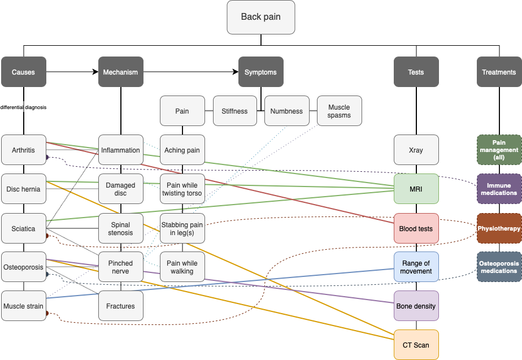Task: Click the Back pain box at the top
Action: click(x=260, y=16)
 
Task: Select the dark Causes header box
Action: click(x=23, y=72)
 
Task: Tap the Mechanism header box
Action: click(x=120, y=72)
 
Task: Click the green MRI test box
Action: click(x=416, y=189)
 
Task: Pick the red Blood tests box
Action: click(x=416, y=228)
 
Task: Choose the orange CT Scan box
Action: click(x=416, y=345)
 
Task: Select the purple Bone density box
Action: click(x=416, y=306)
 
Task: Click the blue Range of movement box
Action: click(x=416, y=267)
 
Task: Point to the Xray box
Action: click(x=416, y=150)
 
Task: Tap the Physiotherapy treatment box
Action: click(x=499, y=228)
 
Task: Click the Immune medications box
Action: click(x=499, y=189)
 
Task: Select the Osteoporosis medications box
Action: click(x=499, y=267)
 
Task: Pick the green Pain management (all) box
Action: click(x=499, y=150)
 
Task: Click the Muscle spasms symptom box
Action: click(x=339, y=111)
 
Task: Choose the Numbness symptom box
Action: click(x=286, y=111)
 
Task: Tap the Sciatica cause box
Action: click(x=23, y=228)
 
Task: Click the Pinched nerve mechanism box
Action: click(x=120, y=267)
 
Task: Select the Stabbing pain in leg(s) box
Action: click(x=182, y=228)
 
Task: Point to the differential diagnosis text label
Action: click(x=23, y=107)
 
